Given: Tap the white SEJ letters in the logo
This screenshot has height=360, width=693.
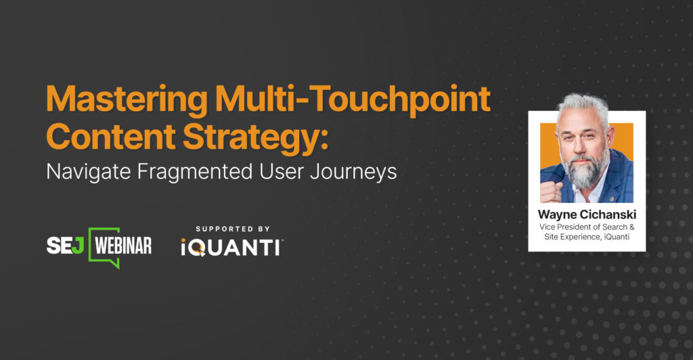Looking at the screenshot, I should pos(65,246).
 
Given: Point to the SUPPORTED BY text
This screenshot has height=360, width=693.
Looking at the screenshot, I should pos(231,229).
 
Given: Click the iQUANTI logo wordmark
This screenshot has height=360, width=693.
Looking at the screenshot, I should pos(231,248).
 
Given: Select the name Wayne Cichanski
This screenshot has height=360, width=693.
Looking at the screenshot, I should pos(586,215).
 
